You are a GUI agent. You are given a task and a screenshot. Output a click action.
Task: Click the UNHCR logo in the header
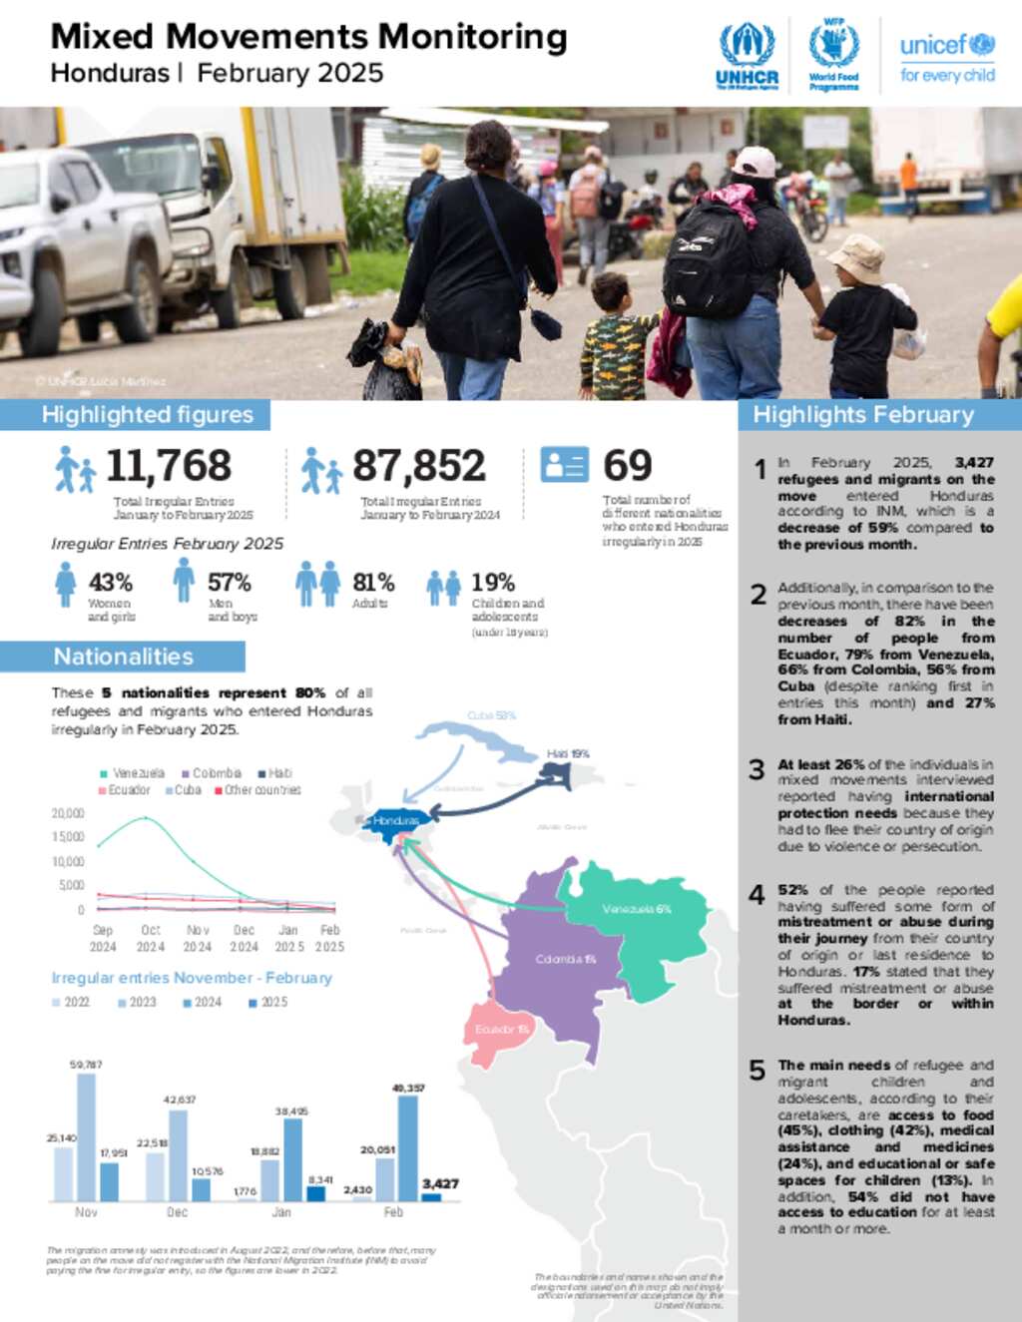(747, 57)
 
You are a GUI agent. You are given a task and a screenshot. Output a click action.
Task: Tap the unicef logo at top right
(946, 58)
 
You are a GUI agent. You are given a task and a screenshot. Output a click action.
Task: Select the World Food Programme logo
(833, 55)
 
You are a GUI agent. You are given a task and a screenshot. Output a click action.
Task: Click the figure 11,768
(169, 466)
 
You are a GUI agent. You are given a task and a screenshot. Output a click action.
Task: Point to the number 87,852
(418, 466)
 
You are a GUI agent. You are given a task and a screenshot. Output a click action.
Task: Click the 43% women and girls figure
(110, 583)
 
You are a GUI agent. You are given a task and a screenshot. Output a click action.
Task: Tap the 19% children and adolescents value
(493, 583)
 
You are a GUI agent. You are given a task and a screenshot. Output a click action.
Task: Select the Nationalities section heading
(123, 657)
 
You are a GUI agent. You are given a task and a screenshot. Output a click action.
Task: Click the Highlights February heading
(863, 415)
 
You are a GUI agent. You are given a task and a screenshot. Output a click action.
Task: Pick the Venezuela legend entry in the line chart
(133, 773)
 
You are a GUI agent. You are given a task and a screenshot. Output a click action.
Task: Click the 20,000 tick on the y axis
(68, 813)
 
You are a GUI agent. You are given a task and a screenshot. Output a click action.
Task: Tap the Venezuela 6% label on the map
(636, 909)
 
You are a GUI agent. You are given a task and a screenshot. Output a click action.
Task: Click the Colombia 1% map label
(565, 960)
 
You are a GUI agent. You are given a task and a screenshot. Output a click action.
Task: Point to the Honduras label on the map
(396, 821)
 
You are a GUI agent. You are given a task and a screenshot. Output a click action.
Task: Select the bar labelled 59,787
(87, 1137)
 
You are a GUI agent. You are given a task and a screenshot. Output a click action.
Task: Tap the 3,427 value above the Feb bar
(440, 1183)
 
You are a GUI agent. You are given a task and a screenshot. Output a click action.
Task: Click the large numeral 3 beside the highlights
(757, 769)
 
